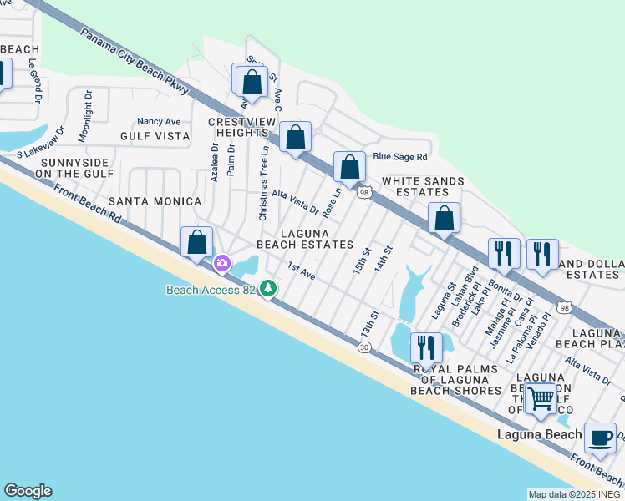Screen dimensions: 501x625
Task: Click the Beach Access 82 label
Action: (210, 290)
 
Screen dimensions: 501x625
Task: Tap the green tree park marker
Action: (268, 289)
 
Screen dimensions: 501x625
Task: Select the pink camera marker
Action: (222, 264)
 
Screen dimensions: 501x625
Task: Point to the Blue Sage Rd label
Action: (400, 156)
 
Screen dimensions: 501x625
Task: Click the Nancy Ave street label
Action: (159, 121)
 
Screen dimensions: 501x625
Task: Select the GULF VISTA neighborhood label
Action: (155, 135)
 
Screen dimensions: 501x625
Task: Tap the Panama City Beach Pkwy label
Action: (135, 61)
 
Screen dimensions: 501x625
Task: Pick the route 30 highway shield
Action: (364, 347)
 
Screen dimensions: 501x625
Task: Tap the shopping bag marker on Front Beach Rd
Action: (197, 243)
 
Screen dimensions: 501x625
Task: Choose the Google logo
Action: (28, 491)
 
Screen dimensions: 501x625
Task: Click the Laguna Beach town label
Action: (539, 434)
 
